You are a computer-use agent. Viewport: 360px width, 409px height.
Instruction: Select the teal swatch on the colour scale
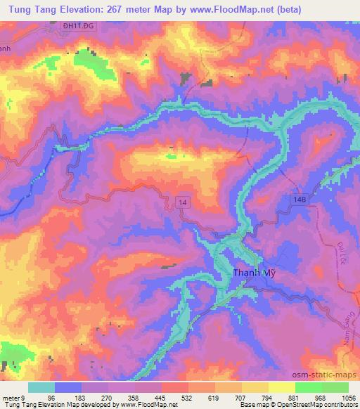pos(41,387)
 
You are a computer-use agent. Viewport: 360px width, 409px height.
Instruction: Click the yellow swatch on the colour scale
pos(281,387)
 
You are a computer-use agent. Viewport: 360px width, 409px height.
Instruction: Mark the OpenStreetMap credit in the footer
pos(304,404)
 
